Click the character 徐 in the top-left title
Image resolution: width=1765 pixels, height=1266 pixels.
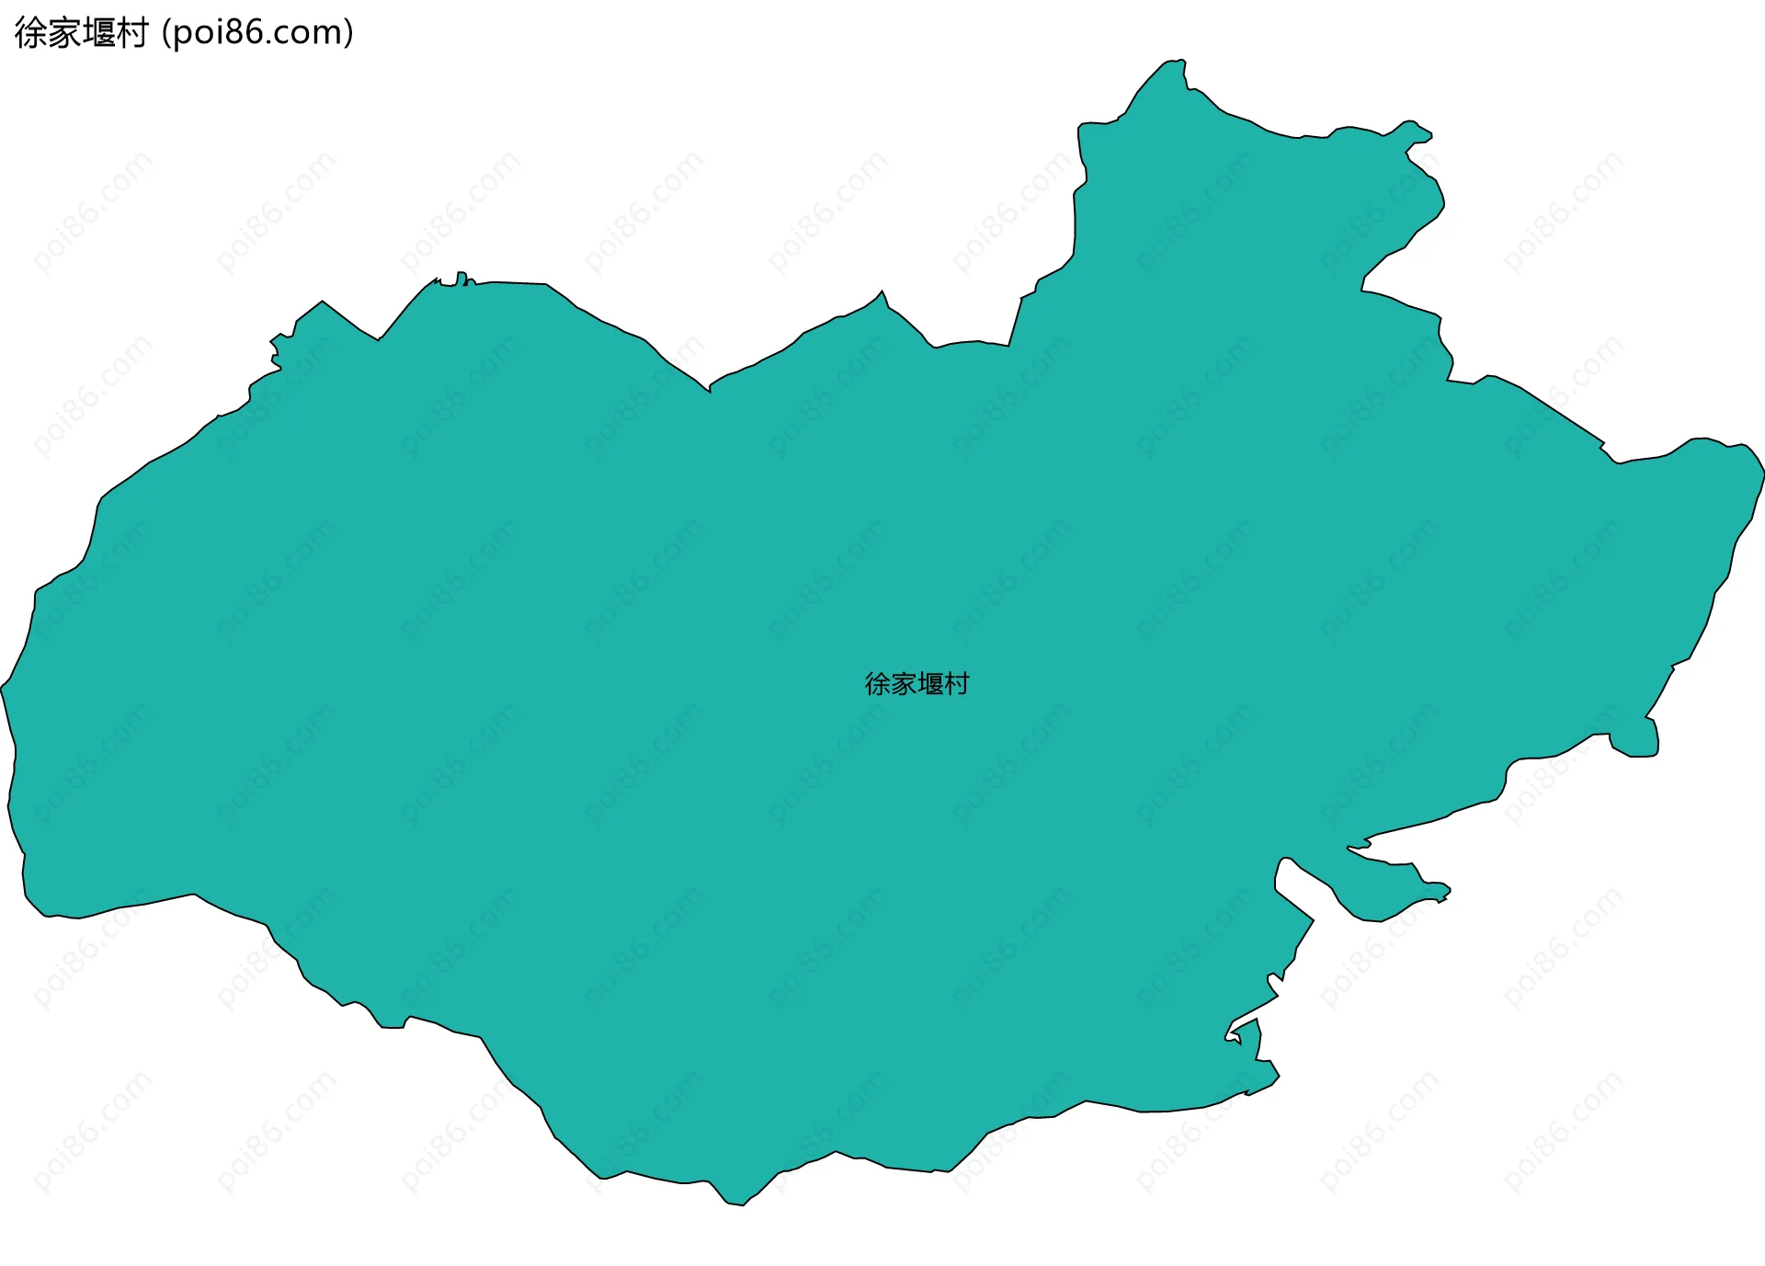pyautogui.click(x=31, y=33)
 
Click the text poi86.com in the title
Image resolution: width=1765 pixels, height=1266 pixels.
pyautogui.click(x=257, y=33)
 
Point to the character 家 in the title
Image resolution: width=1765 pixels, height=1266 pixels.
pyautogui.click(x=65, y=33)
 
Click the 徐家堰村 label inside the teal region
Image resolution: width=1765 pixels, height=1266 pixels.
pyautogui.click(x=917, y=684)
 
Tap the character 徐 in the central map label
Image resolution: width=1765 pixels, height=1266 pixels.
pyautogui.click(x=878, y=684)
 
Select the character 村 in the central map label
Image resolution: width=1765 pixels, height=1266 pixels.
pyautogui.click(x=957, y=684)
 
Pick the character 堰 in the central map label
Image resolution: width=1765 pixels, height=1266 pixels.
pyautogui.click(x=930, y=684)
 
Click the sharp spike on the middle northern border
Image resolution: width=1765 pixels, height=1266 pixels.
pyautogui.click(x=882, y=294)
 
